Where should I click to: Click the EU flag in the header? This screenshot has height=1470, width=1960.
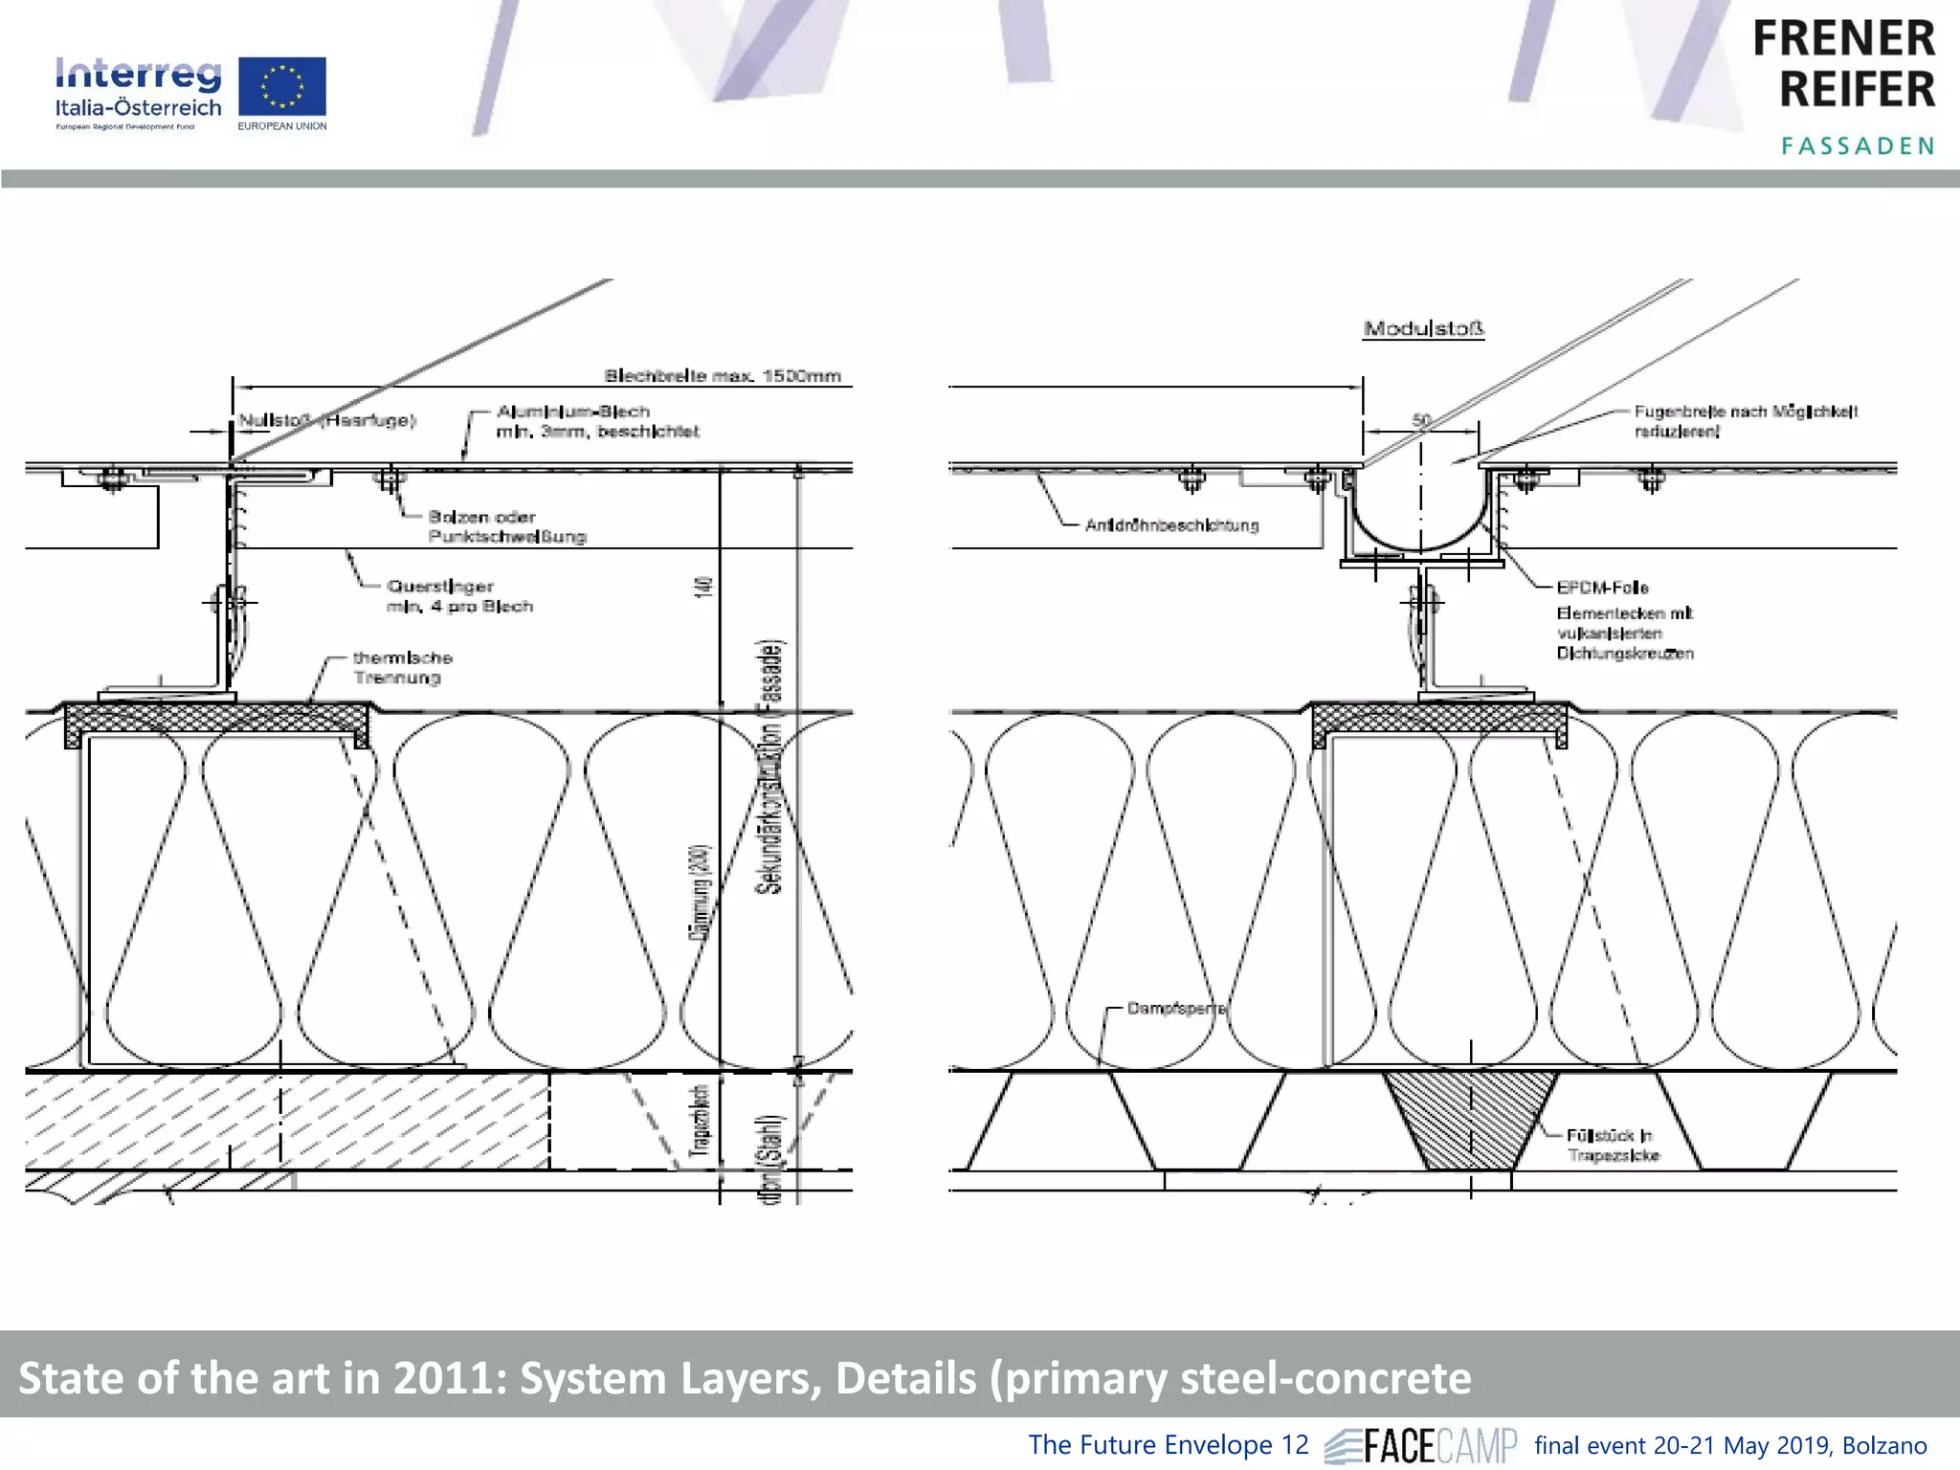[281, 86]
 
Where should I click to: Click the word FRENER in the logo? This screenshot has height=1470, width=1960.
[1843, 40]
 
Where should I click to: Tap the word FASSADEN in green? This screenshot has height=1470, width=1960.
[1857, 146]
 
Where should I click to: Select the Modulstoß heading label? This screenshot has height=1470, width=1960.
[1423, 329]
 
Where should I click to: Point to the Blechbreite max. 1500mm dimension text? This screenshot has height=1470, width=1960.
[723, 376]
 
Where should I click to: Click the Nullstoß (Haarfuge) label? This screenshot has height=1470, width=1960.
[326, 420]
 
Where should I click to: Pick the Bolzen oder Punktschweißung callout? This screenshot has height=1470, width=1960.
[506, 526]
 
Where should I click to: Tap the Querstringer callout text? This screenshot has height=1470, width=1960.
[458, 596]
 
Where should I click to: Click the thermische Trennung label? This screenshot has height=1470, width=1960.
[402, 668]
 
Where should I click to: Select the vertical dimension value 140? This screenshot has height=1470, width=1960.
[704, 587]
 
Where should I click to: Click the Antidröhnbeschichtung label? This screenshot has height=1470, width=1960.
[1171, 525]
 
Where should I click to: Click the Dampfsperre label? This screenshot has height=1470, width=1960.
[1175, 1009]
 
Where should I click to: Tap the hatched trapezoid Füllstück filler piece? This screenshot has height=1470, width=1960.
[1470, 1120]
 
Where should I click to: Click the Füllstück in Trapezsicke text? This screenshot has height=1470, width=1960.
[1613, 1146]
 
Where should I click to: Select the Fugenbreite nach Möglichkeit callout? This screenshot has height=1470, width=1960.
[1745, 421]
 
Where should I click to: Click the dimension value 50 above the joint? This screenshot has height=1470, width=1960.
[1421, 420]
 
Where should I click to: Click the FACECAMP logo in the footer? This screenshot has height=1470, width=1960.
[1421, 1445]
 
